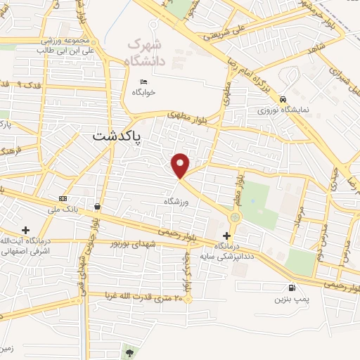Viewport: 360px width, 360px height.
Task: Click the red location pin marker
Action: tap(181, 165)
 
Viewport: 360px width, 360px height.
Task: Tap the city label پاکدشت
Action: tap(116, 136)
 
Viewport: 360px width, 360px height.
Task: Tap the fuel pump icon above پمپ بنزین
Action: tap(290, 288)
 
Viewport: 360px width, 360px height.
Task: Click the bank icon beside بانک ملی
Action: tap(63, 199)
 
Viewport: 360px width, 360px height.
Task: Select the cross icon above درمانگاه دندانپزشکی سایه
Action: tap(226, 236)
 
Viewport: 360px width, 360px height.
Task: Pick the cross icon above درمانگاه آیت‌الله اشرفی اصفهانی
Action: tap(26, 230)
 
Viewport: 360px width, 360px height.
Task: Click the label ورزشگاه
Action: tap(178, 201)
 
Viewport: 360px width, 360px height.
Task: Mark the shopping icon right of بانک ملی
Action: tap(96, 207)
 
